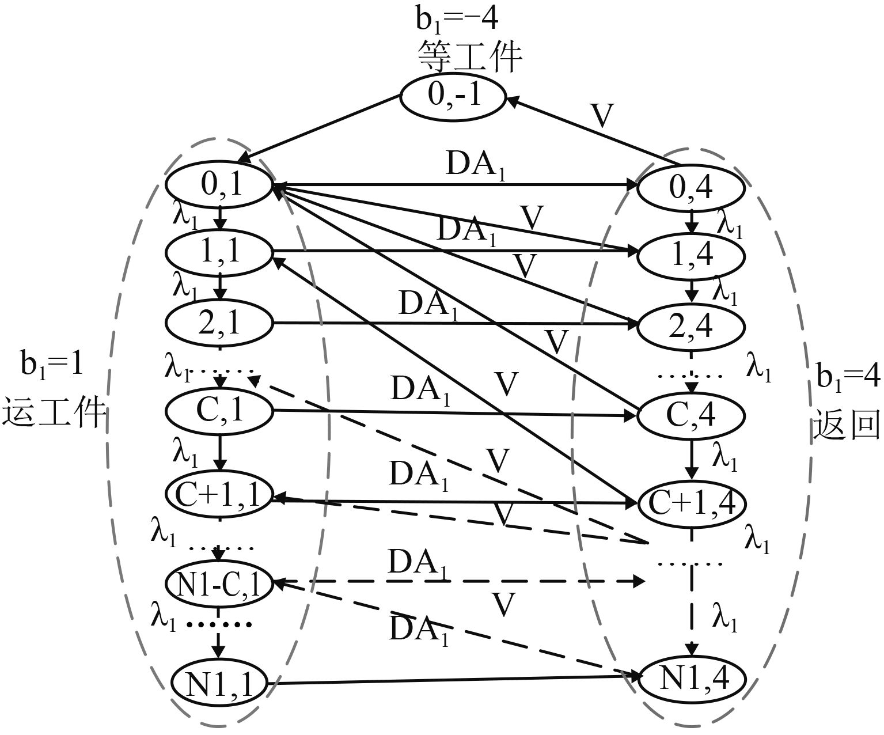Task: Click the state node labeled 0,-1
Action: coord(453,95)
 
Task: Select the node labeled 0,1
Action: coord(219,185)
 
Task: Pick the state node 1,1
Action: coord(219,251)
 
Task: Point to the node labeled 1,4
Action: coord(691,253)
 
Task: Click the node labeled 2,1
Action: coord(219,324)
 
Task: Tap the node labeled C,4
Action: coord(691,415)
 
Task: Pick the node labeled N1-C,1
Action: coord(219,584)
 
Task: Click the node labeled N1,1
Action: coord(219,683)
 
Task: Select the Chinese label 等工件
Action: coord(469,56)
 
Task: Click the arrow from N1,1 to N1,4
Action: coord(455,681)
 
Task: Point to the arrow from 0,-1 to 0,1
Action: coord(320,128)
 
